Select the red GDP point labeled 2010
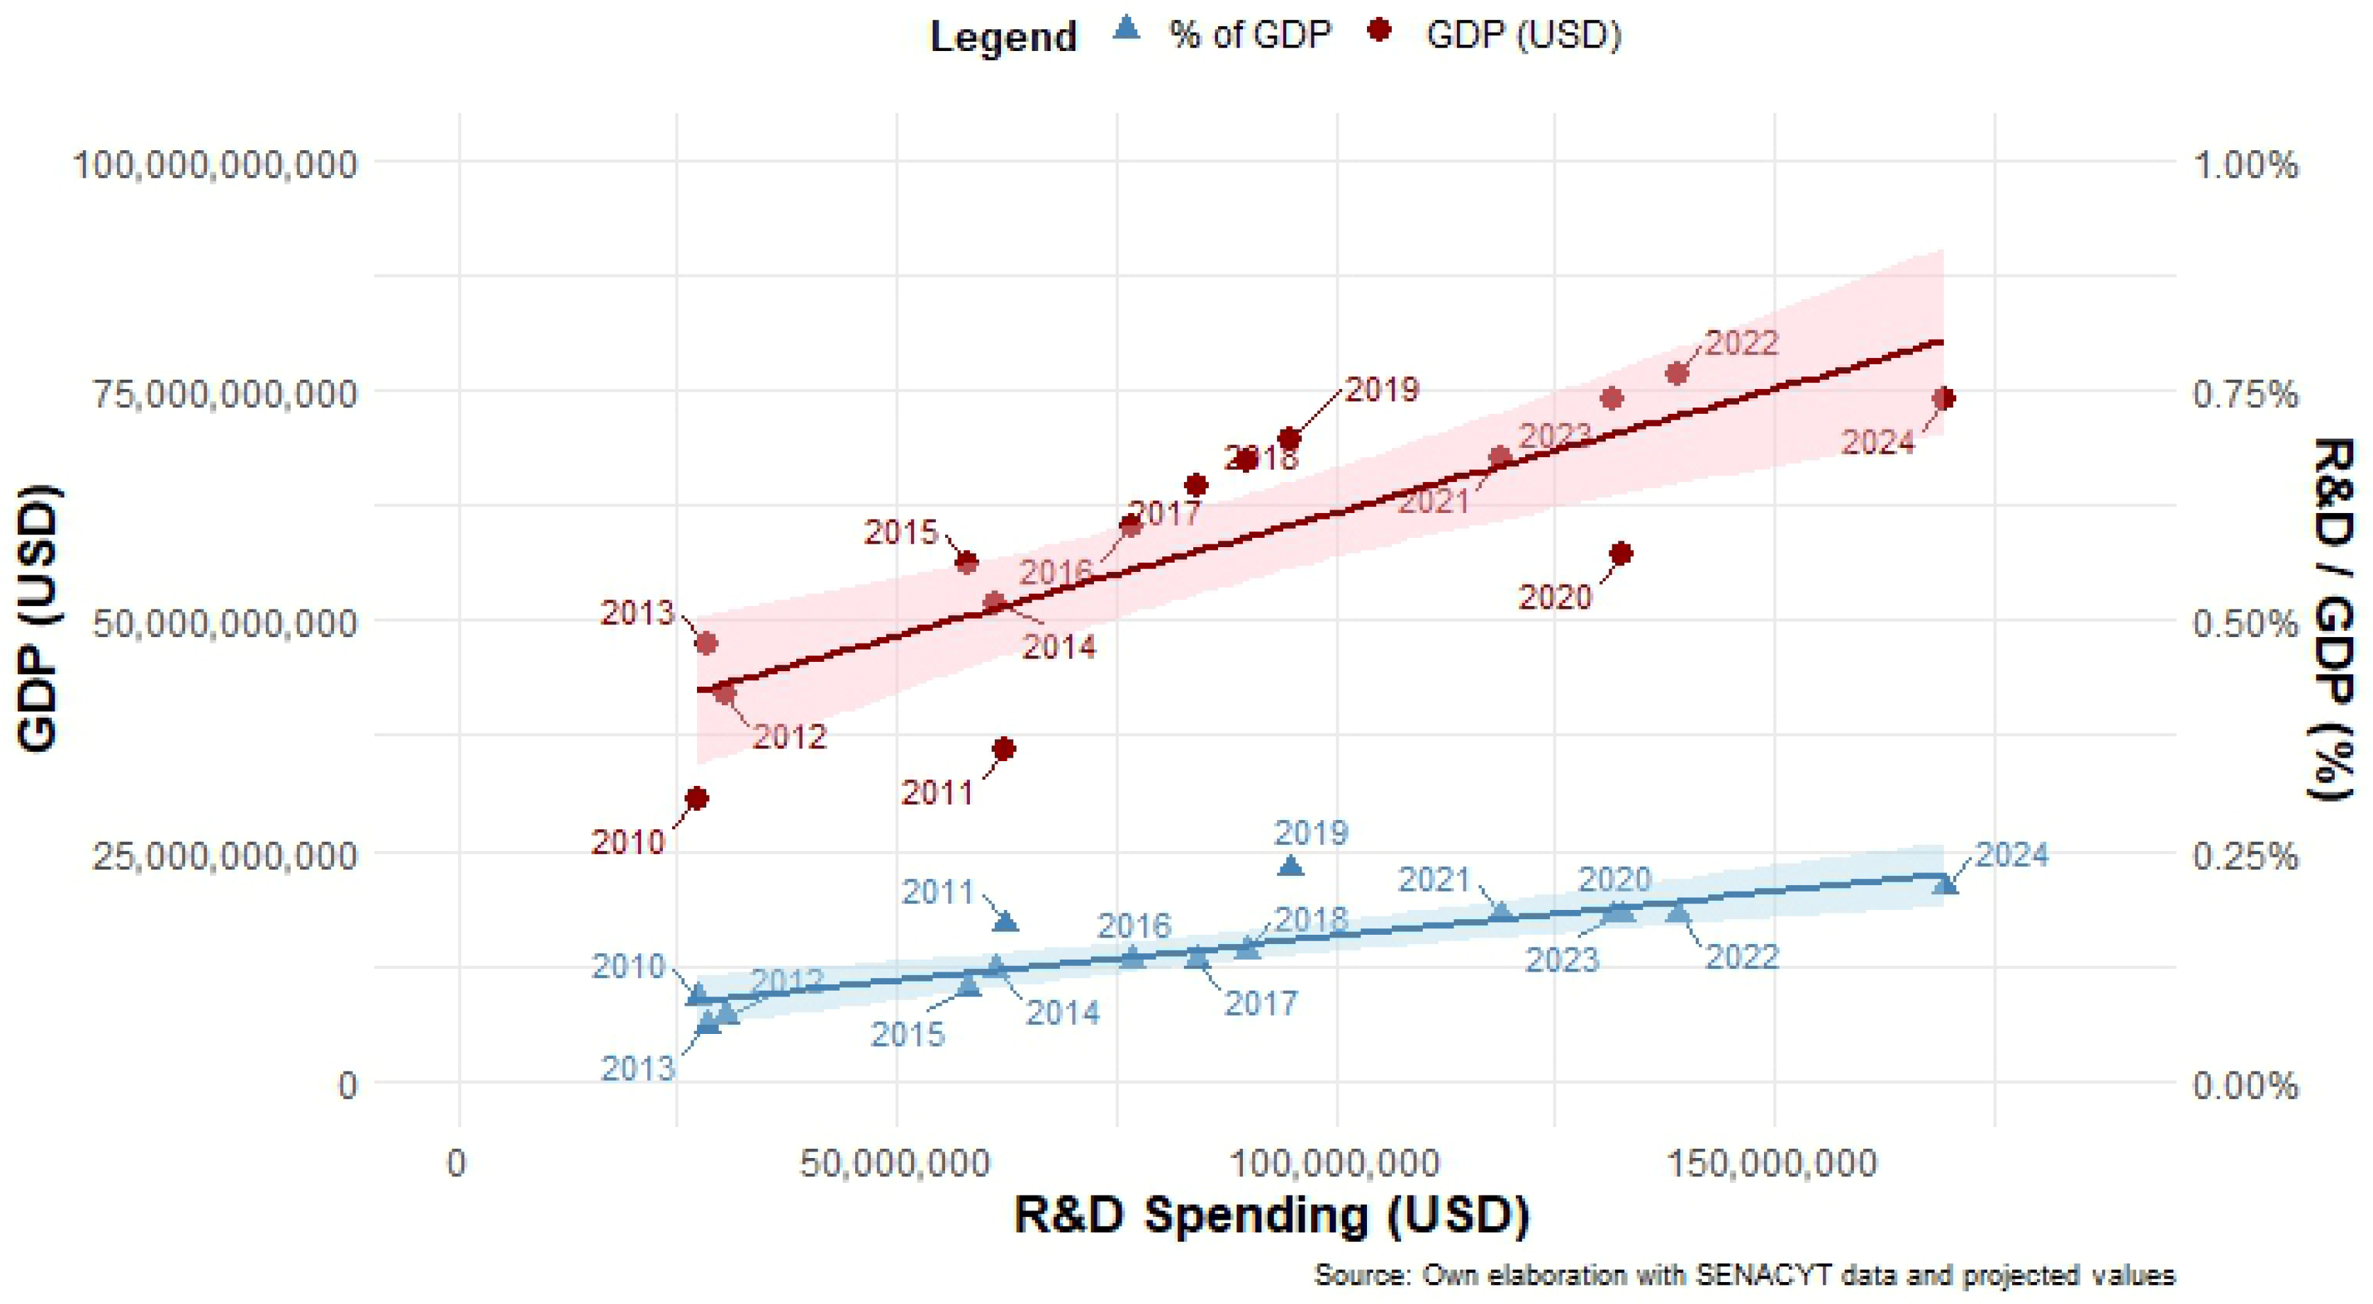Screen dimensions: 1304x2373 [x=698, y=797]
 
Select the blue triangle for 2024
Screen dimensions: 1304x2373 [x=1945, y=884]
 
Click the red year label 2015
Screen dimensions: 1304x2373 [x=900, y=532]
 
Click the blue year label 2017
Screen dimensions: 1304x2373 [x=1260, y=1003]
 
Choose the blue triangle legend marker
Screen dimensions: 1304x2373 [x=1127, y=30]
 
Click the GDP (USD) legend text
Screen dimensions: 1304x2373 [x=1524, y=35]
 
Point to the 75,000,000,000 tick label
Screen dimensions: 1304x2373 [x=224, y=394]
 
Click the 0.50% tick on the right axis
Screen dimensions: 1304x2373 [x=2245, y=624]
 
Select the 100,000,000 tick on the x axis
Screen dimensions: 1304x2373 [x=1336, y=1163]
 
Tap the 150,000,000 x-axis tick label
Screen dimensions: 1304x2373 [x=1772, y=1163]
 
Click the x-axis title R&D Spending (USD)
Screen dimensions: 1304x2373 [x=1271, y=1215]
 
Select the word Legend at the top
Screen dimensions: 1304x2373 [x=1003, y=37]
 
